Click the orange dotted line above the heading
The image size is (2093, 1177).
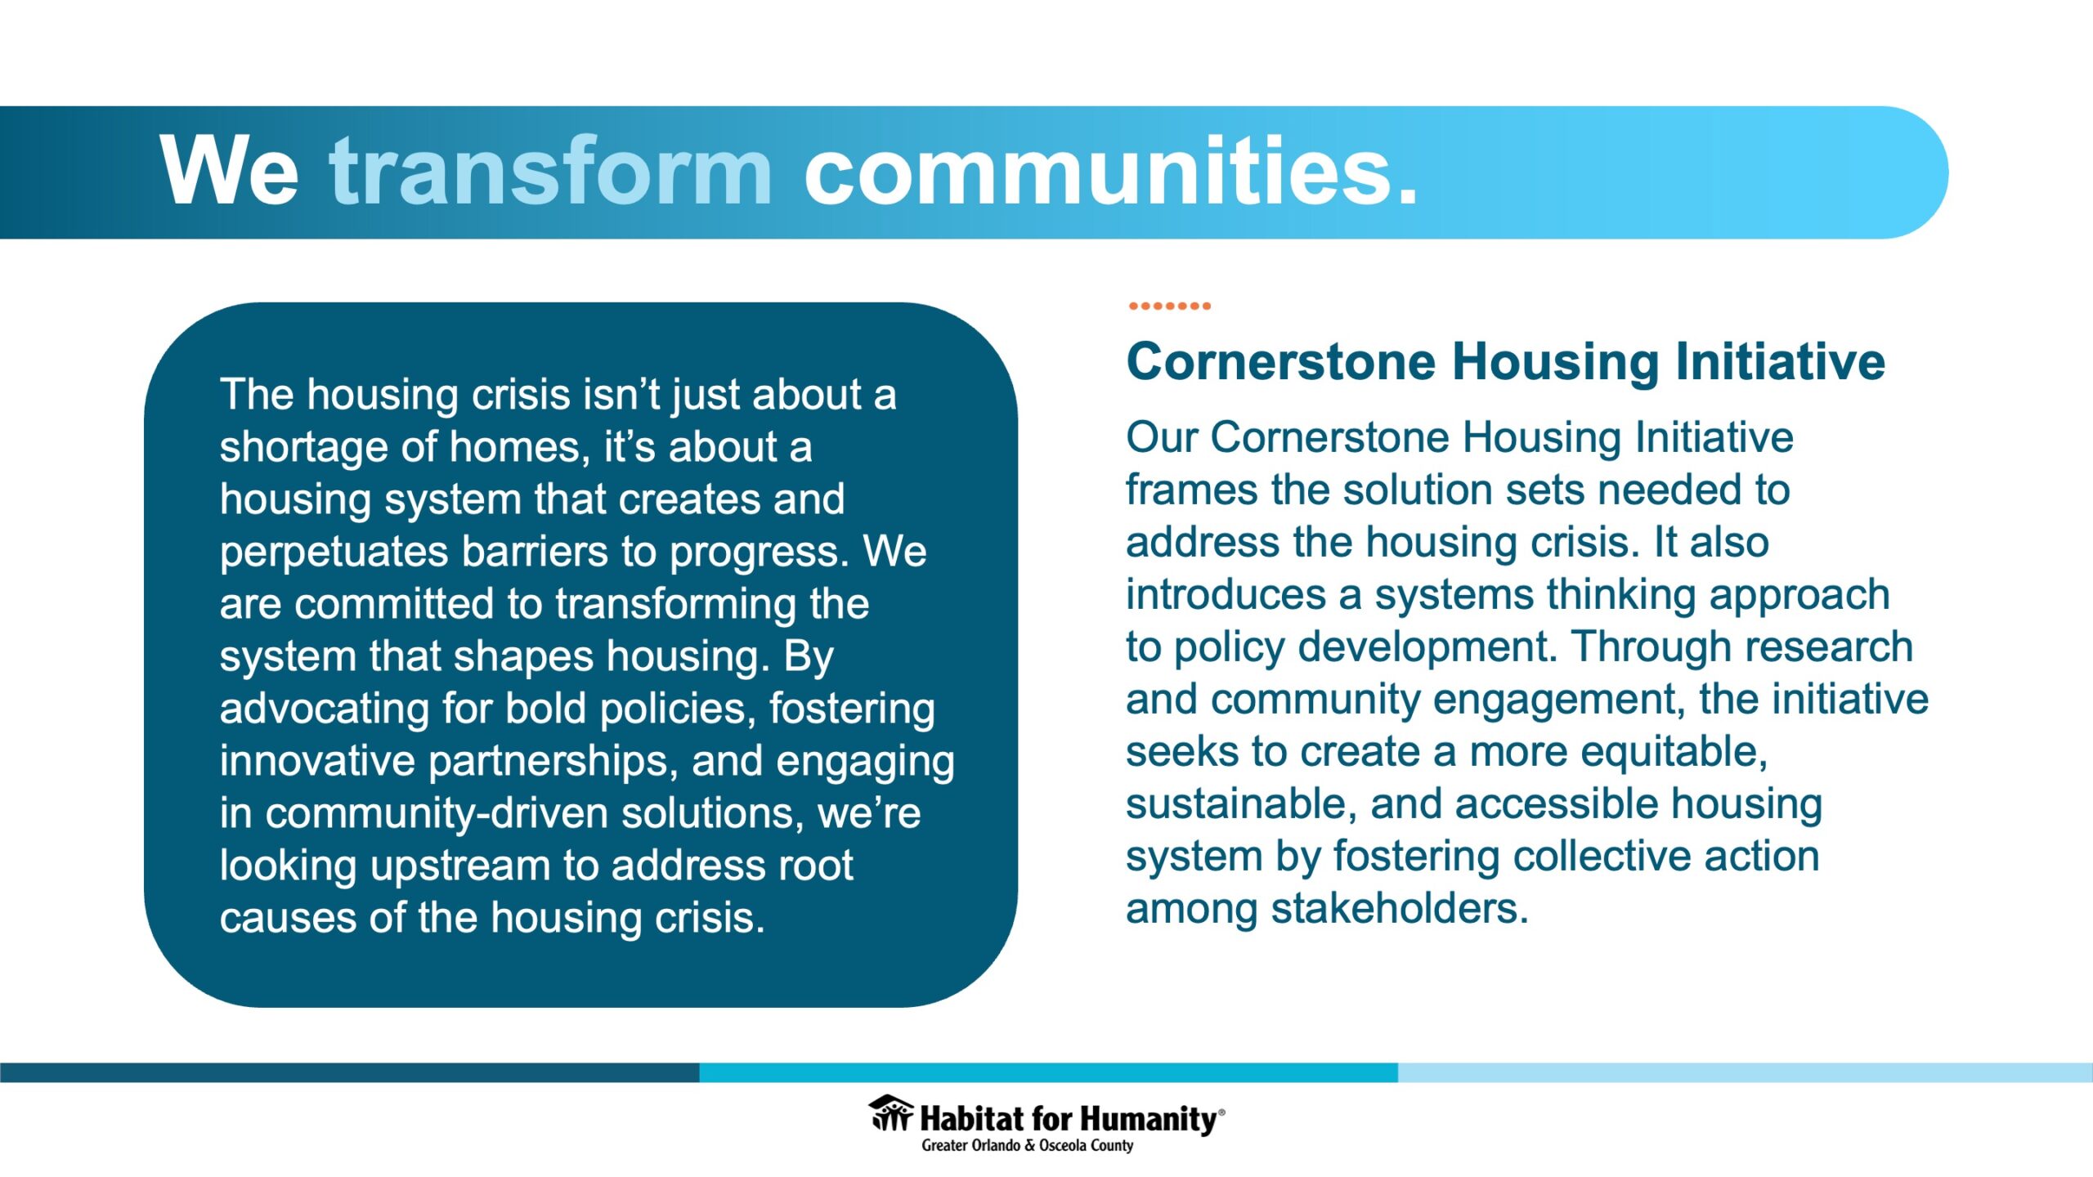click(1169, 306)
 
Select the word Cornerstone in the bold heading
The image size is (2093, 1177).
click(1280, 361)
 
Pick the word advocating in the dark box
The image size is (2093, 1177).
click(325, 709)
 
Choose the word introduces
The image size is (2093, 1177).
click(1226, 595)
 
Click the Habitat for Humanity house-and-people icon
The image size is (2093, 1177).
click(890, 1113)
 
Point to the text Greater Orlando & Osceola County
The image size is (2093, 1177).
click(1028, 1146)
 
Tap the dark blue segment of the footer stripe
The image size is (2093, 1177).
click(349, 1072)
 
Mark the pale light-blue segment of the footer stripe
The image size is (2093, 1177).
click(1746, 1072)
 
